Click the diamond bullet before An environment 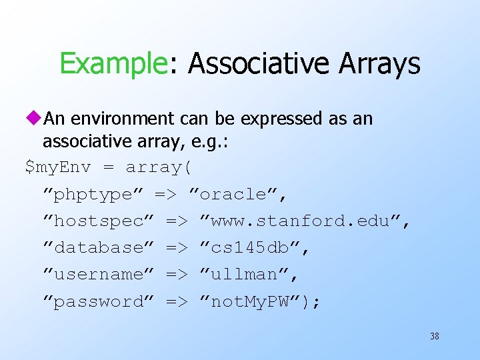coord(33,119)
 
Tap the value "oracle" coord(239,195)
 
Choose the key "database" coord(98,248)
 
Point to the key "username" coord(98,275)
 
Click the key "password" coord(98,302)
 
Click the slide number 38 coord(434,337)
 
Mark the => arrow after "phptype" coord(166,195)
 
